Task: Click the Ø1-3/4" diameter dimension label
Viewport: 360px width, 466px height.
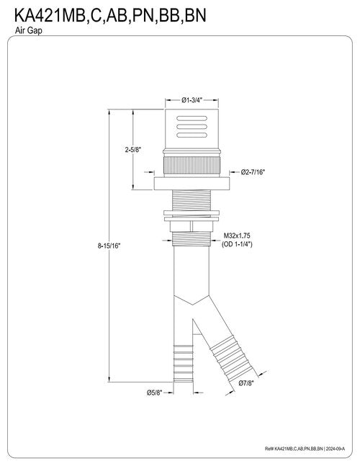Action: pyautogui.click(x=192, y=100)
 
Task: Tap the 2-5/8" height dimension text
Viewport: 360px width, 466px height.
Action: pyautogui.click(x=132, y=150)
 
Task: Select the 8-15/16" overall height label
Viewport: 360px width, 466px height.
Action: pyautogui.click(x=109, y=246)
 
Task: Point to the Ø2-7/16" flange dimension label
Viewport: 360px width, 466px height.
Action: pyautogui.click(x=253, y=171)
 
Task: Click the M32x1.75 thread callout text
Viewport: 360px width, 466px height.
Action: pyautogui.click(x=237, y=236)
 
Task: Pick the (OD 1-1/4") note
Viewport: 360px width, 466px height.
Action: pyautogui.click(x=237, y=244)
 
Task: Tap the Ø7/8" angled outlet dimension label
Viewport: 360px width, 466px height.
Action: pyautogui.click(x=246, y=383)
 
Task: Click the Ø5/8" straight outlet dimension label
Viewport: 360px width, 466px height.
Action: pyautogui.click(x=155, y=393)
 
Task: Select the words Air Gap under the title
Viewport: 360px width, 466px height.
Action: pyautogui.click(x=29, y=31)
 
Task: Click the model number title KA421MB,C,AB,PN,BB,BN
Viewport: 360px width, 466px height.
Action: pyautogui.click(x=110, y=16)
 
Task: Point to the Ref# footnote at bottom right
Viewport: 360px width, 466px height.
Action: pyautogui.click(x=305, y=449)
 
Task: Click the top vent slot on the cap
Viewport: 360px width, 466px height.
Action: pyautogui.click(x=192, y=118)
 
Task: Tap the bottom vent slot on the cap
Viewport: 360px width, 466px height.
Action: pyautogui.click(x=192, y=135)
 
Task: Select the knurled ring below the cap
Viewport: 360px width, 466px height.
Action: pyautogui.click(x=192, y=165)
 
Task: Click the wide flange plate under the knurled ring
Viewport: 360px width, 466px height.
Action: pyautogui.click(x=192, y=184)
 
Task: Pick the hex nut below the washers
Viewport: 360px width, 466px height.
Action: pyautogui.click(x=192, y=226)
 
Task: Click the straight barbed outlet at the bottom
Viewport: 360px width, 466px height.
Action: pyautogui.click(x=184, y=364)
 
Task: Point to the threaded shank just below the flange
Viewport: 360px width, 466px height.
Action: pyautogui.click(x=192, y=200)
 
